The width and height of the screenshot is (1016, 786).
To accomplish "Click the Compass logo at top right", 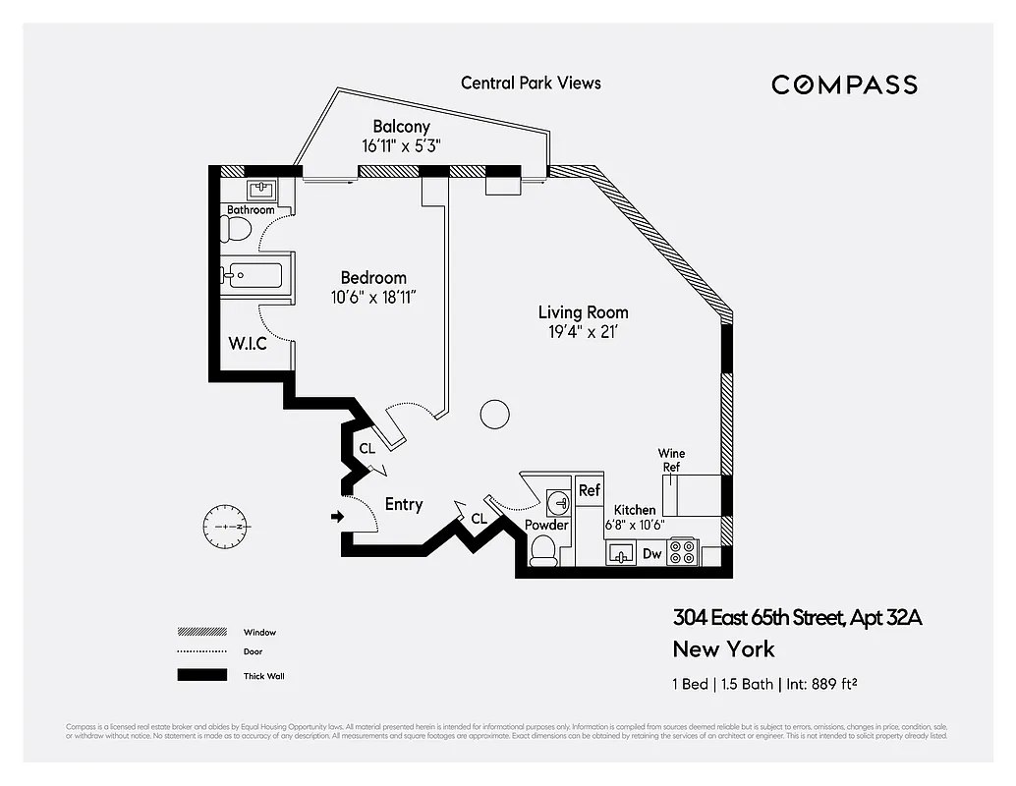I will pos(844,84).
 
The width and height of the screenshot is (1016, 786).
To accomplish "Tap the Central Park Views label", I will pos(531,83).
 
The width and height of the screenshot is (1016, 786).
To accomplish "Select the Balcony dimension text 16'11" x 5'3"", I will pos(400,145).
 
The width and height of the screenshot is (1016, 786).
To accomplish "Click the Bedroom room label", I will pos(373,278).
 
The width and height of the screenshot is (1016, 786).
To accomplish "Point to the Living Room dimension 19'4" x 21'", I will pos(583,332).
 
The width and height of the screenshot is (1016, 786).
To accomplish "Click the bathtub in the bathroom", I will pos(252,274).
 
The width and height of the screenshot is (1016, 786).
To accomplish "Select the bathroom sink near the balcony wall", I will pos(260,189).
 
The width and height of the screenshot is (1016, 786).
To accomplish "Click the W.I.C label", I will pos(248,344).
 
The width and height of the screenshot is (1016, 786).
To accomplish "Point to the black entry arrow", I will pos(337,516).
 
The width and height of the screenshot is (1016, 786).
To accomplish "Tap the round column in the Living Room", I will pos(495,414).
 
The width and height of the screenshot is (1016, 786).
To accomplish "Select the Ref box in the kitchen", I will pos(589,490).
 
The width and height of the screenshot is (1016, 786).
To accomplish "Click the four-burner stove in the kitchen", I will pos(681,553).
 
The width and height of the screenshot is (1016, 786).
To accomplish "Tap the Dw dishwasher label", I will pos(651,554).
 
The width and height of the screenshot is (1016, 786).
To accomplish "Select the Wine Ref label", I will pos(673,460).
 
